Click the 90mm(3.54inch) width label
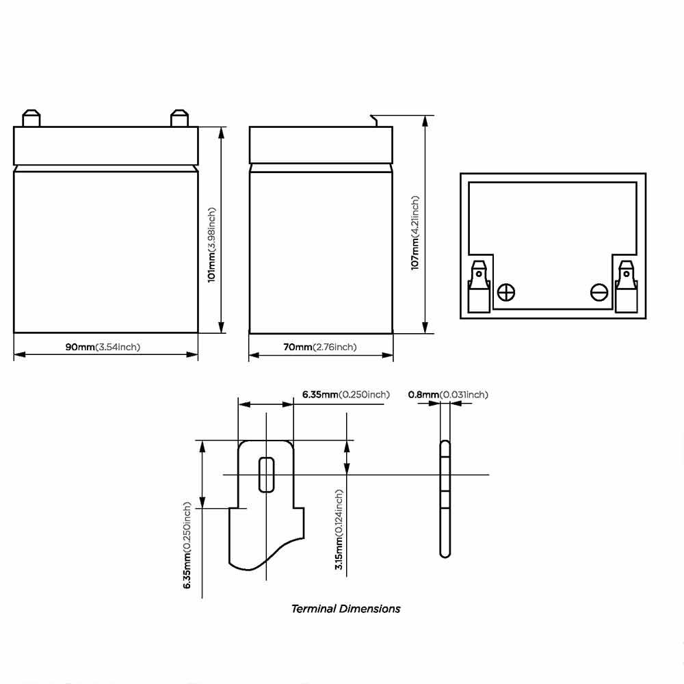103,347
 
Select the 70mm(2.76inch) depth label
319,347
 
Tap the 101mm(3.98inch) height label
211,245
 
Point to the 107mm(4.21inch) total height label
415,233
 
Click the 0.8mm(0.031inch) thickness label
448,395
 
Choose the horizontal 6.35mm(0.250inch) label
346,395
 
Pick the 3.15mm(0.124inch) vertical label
339,529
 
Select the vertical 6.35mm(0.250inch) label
187,545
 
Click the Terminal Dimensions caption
345,609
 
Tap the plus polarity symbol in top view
506,292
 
